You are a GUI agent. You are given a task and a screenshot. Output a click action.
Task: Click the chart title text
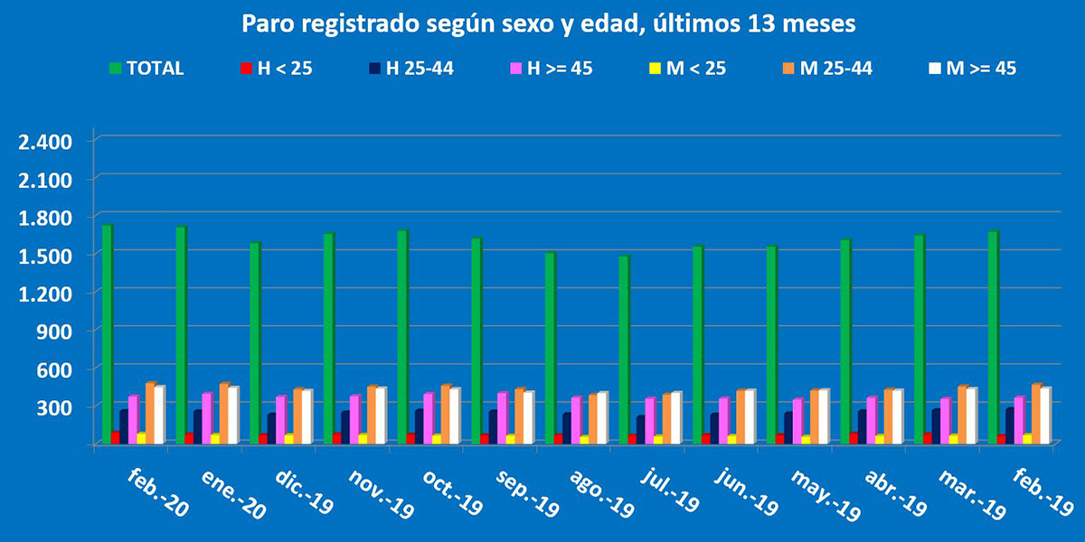coord(548,23)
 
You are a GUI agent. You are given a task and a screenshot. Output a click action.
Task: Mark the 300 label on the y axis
coord(53,407)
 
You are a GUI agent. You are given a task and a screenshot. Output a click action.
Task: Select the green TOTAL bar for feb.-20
coord(107,334)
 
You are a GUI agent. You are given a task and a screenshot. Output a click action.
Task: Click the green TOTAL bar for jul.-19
coord(623,350)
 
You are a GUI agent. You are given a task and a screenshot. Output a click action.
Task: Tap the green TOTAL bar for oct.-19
coord(401,337)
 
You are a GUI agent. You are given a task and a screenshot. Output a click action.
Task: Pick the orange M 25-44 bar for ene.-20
coord(224,413)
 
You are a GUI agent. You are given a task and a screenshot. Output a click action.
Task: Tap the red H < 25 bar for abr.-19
coord(854,438)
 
